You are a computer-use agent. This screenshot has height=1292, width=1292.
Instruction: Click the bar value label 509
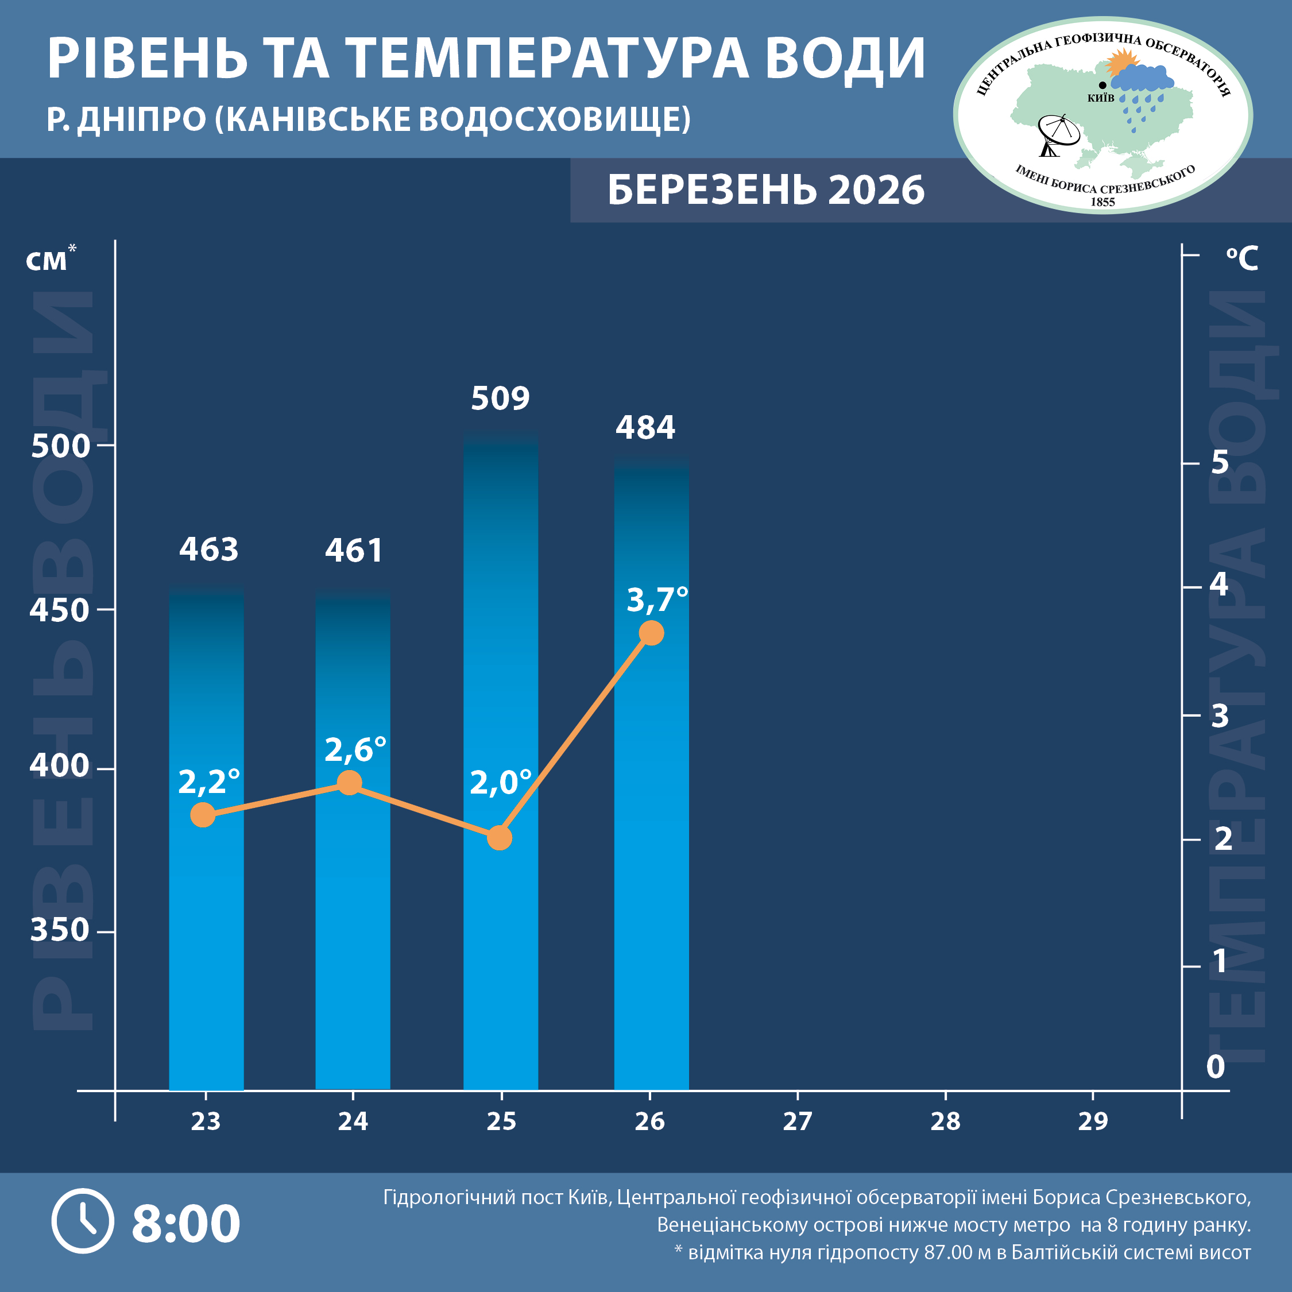(x=500, y=399)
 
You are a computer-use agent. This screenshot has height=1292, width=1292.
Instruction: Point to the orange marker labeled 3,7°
(x=651, y=633)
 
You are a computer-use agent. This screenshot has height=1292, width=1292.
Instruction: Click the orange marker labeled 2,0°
(x=500, y=837)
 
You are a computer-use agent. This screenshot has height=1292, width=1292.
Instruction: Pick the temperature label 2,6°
(x=355, y=750)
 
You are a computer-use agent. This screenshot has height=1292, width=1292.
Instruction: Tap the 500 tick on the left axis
(x=60, y=446)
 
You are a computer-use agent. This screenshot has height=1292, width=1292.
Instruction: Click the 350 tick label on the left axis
(x=60, y=930)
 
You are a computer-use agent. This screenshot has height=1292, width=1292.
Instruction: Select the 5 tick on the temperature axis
(x=1220, y=462)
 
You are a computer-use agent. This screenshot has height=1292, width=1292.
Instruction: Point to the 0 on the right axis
(x=1215, y=1067)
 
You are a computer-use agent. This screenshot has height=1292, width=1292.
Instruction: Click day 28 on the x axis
(x=945, y=1121)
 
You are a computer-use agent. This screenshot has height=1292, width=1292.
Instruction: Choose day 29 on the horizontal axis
(x=1093, y=1121)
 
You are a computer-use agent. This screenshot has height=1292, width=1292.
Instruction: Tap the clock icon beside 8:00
(x=83, y=1221)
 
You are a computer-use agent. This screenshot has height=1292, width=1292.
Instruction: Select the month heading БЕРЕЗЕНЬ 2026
(x=765, y=190)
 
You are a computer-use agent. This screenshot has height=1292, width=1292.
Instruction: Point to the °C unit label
(x=1242, y=258)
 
